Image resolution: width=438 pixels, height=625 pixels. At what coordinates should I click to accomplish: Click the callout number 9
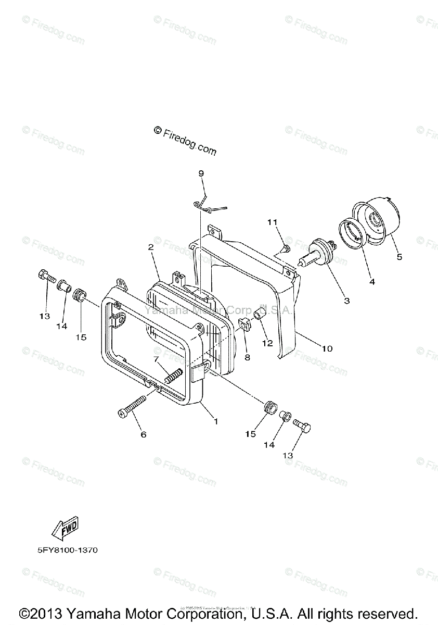click(x=201, y=173)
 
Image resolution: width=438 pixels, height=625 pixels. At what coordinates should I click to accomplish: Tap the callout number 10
click(x=327, y=349)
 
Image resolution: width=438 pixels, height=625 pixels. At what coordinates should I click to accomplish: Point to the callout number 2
click(x=151, y=247)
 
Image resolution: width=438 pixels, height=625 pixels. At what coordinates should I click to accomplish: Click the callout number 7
click(x=155, y=360)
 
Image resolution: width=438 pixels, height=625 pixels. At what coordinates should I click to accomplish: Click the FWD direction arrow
click(x=65, y=532)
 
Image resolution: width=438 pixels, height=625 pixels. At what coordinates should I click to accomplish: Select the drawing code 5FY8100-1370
click(x=68, y=550)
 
